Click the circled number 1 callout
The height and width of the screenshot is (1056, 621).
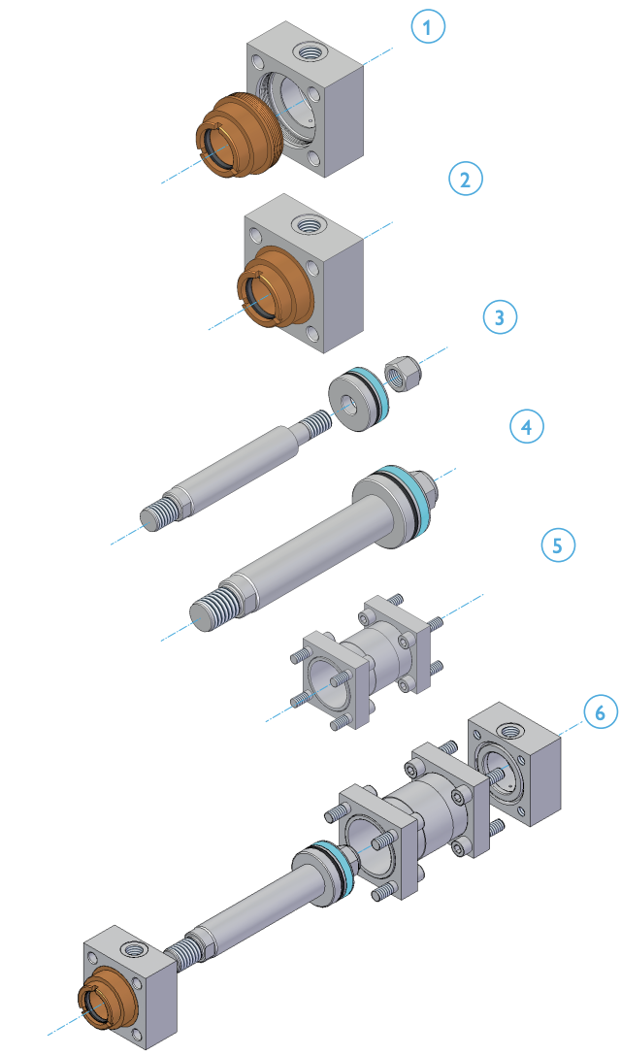click(x=427, y=27)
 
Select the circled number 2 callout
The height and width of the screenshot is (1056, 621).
click(x=465, y=179)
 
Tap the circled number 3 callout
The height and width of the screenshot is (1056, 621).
click(x=499, y=316)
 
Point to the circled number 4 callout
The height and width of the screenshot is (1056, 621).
click(x=527, y=426)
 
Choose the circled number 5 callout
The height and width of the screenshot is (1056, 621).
click(x=557, y=544)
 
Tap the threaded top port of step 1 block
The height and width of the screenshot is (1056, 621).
click(x=313, y=49)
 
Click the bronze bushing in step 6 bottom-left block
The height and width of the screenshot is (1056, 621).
click(x=103, y=1000)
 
